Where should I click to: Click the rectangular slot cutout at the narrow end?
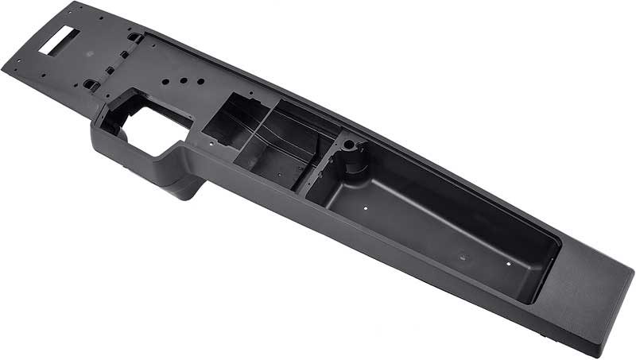pyautogui.click(x=60, y=41)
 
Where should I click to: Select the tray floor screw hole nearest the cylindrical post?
pyautogui.click(x=363, y=207)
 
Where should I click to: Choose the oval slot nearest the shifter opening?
pyautogui.click(x=89, y=83)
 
